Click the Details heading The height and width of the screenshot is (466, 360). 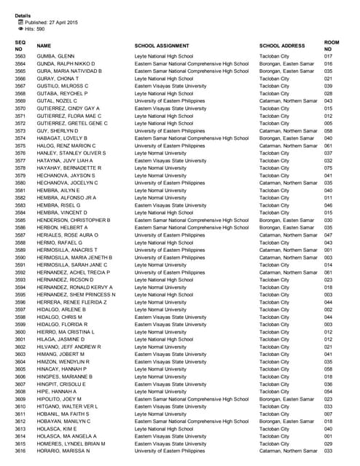[22, 15]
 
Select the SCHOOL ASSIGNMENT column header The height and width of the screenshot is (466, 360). [163, 46]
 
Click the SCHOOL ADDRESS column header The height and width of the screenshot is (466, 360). [282, 46]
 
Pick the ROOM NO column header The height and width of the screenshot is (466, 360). [332, 46]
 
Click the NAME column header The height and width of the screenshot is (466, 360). [44, 46]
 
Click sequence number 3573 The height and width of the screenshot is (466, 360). [20, 131]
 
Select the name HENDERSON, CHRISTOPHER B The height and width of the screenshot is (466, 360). [73, 220]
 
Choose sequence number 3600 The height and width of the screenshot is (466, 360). [20, 332]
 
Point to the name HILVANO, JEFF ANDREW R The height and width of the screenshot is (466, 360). [69, 347]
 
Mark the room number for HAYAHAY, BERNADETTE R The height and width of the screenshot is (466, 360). [329, 168]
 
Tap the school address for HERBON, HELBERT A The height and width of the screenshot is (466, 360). [286, 227]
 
